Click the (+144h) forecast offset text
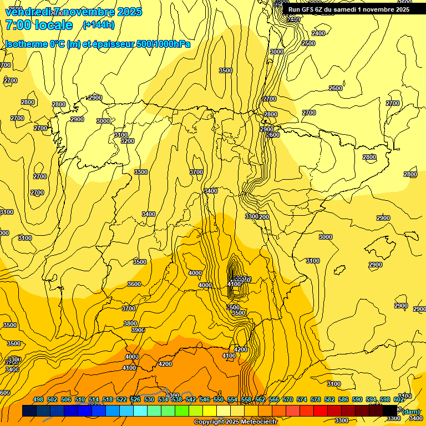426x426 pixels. [x=98, y=24]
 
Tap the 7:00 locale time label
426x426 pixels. [x=39, y=24]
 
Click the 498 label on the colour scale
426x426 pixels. [x=38, y=400]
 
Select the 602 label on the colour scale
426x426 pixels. [x=398, y=400]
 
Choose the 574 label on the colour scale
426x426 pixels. [x=302, y=400]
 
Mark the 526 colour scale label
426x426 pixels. [x=135, y=400]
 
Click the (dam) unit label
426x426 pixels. [x=411, y=411]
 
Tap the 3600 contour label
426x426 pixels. [x=134, y=284]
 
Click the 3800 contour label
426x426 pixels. [x=130, y=323]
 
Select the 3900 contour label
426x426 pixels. [x=138, y=330]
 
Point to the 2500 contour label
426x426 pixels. [x=308, y=43]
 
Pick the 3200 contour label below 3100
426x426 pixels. [x=128, y=141]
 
